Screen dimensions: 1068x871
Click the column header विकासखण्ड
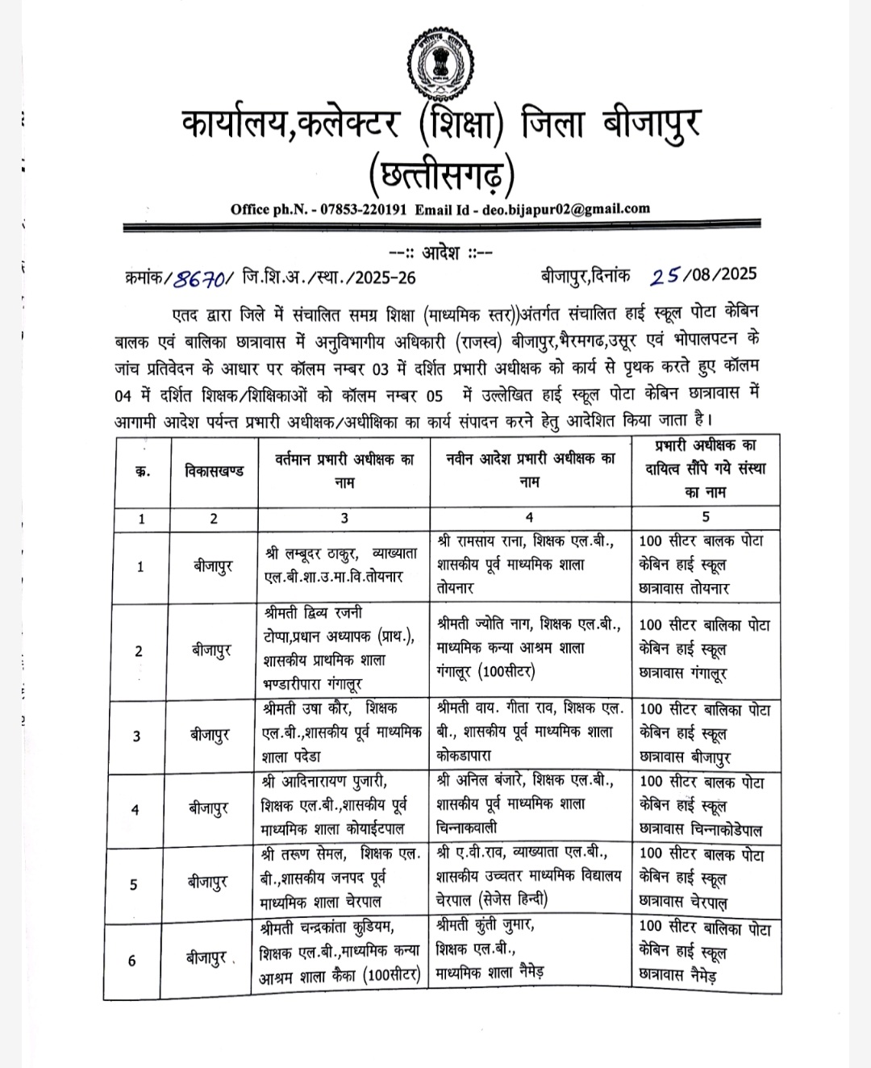[x=214, y=471]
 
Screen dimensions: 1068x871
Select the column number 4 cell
[x=529, y=518]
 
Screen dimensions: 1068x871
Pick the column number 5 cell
[x=706, y=518]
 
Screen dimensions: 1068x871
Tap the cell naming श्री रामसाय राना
[x=529, y=565]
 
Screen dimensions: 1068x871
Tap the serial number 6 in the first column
[x=132, y=961]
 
